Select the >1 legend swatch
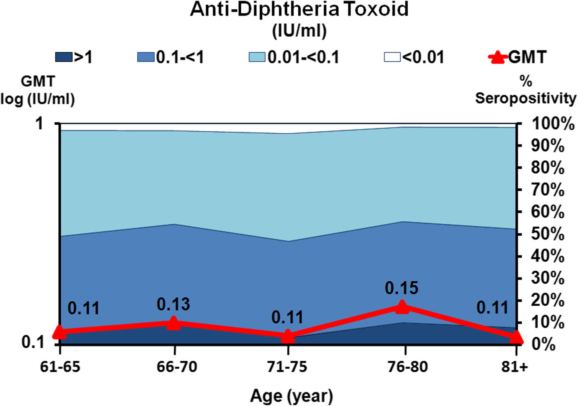click(x=64, y=57)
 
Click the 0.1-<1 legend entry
click(x=171, y=57)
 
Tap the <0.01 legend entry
click(x=414, y=57)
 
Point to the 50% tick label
click(x=547, y=234)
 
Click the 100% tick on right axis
click(x=552, y=124)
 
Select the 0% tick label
click(x=543, y=345)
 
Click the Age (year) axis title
click(x=291, y=396)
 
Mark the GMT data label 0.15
click(x=402, y=288)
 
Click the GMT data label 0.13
click(x=173, y=304)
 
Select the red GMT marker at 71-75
click(x=288, y=337)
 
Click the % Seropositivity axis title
click(x=526, y=90)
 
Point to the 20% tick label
click(x=547, y=301)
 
